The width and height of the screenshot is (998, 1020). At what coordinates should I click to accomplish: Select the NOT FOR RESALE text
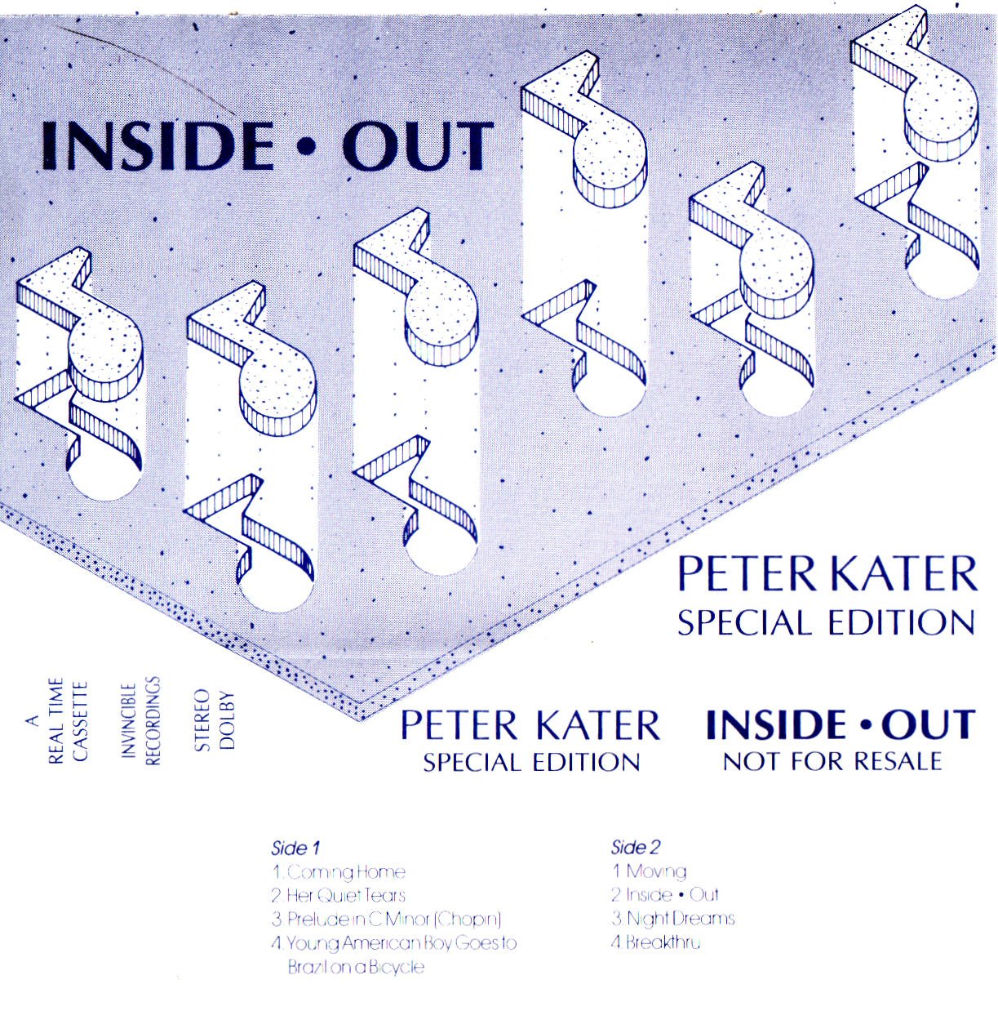tap(832, 762)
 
